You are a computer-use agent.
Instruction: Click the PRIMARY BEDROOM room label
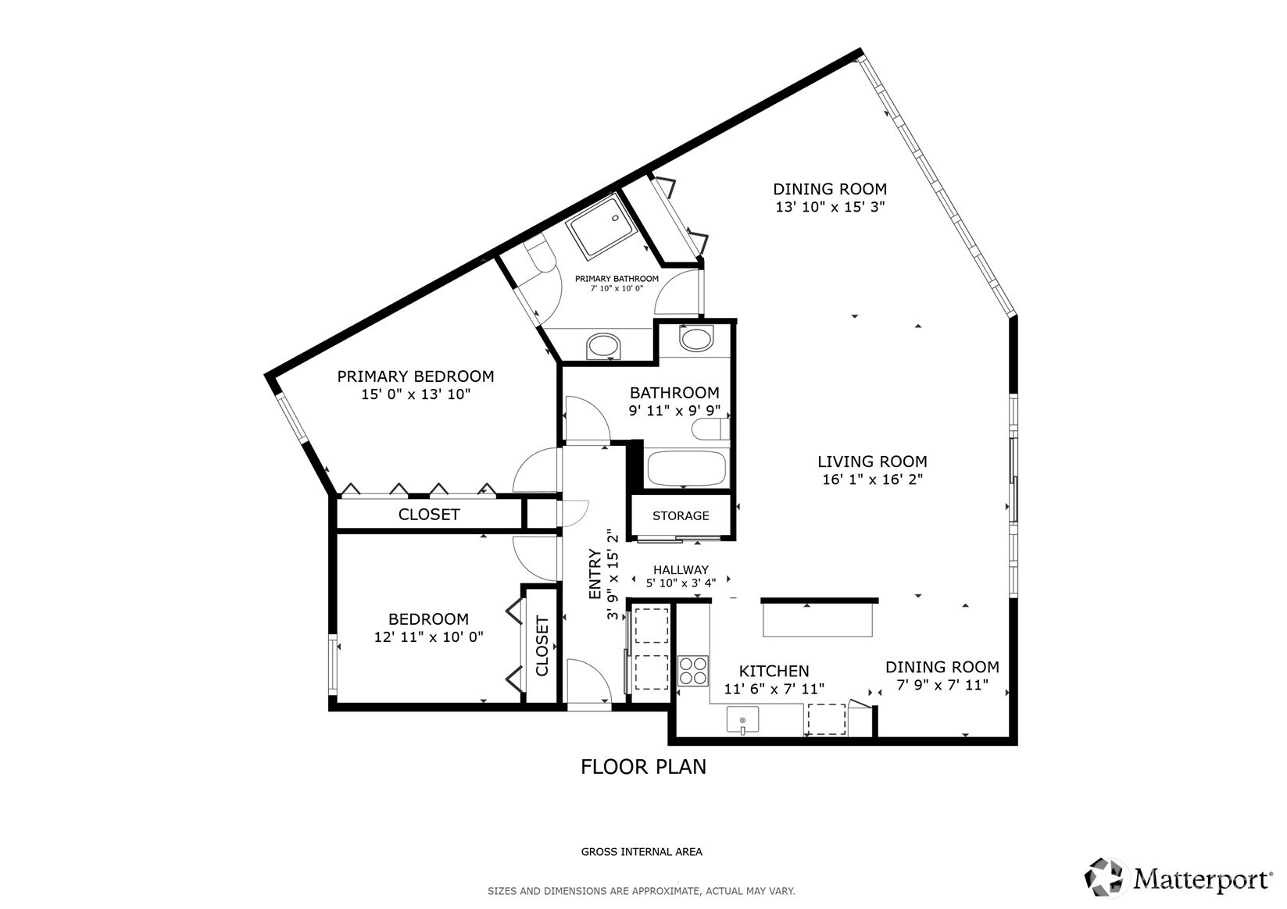click(x=415, y=376)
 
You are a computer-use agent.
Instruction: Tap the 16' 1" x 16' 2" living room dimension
click(x=872, y=479)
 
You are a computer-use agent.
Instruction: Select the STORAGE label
click(x=681, y=515)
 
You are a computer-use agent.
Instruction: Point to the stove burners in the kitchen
click(x=692, y=669)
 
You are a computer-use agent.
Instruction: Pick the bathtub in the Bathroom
click(x=686, y=469)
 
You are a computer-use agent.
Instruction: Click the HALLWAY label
click(x=681, y=570)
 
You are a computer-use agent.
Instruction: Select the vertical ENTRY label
click(x=595, y=575)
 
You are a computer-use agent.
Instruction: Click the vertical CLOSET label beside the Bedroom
click(x=542, y=646)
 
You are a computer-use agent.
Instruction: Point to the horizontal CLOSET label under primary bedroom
click(x=429, y=515)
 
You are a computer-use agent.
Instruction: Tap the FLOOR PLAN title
click(x=643, y=767)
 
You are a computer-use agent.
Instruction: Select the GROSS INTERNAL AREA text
click(x=642, y=852)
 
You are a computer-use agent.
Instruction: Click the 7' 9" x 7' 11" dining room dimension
click(x=942, y=686)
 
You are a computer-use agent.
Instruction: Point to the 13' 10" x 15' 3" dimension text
click(x=829, y=208)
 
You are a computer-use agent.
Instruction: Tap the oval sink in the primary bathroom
click(x=602, y=345)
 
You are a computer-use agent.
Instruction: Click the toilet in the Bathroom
click(x=714, y=430)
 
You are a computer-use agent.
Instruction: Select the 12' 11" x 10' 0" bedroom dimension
click(x=428, y=637)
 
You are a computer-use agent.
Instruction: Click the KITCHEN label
click(x=774, y=671)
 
